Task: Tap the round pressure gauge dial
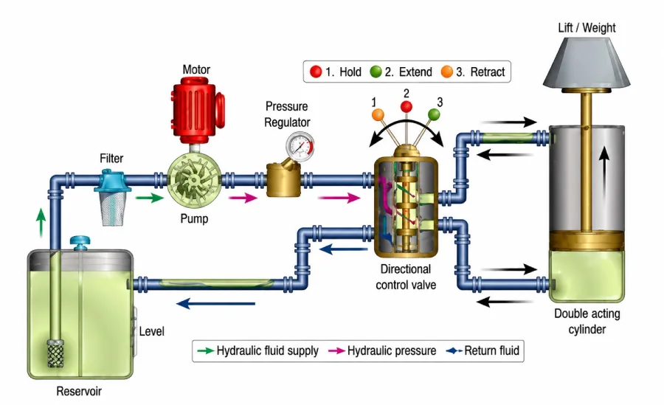(x=300, y=146)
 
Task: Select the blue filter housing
(x=111, y=181)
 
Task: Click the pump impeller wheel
(x=194, y=180)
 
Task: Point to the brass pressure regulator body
(x=283, y=181)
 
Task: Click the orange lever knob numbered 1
(x=378, y=114)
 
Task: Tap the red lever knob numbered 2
(x=406, y=106)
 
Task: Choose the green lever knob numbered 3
(x=434, y=114)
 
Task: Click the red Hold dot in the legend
(x=316, y=72)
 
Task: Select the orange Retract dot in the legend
(x=447, y=72)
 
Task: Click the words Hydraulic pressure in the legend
(x=392, y=350)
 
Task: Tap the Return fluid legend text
(x=491, y=350)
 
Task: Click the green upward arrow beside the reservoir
(x=41, y=222)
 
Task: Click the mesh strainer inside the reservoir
(x=55, y=353)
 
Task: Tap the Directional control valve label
(x=406, y=277)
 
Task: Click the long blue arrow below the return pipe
(x=215, y=303)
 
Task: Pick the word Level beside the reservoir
(x=151, y=331)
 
